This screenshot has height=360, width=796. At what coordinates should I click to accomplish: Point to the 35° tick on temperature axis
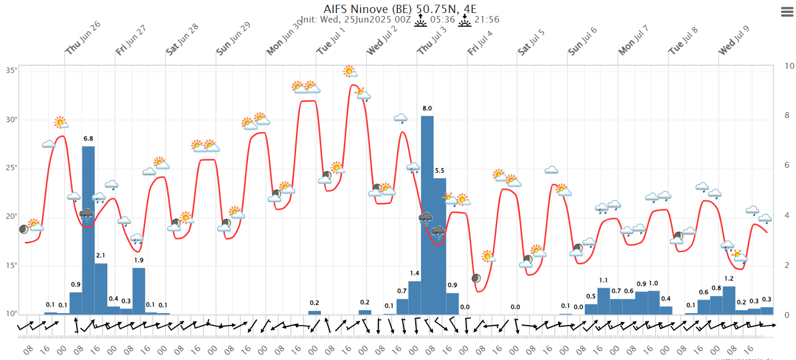11,71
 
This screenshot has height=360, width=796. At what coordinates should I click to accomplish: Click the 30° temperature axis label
11,119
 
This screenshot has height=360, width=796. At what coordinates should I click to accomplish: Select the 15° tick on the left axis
11,265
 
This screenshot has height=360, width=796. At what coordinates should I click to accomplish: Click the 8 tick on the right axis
787,116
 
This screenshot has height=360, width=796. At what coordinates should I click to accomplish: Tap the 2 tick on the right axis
787,265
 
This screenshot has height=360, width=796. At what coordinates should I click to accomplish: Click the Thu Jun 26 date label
82,39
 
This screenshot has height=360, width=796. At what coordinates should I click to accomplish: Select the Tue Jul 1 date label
331,42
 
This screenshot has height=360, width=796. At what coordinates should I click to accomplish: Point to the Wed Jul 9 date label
734,40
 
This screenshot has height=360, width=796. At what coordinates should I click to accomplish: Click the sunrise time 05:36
442,20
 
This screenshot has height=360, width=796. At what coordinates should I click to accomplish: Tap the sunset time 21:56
486,20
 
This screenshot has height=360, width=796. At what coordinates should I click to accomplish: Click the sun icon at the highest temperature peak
351,72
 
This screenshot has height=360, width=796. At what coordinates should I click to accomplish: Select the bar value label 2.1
100,256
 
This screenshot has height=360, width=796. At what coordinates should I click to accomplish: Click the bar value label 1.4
415,273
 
